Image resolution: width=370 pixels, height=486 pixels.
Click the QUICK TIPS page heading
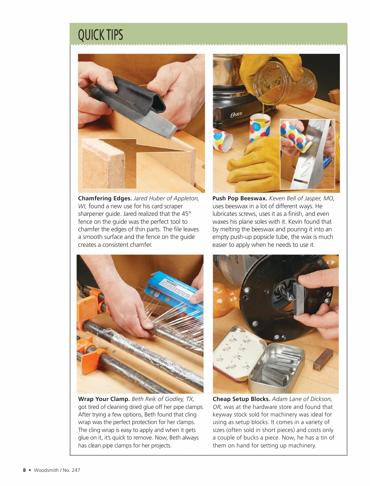100,35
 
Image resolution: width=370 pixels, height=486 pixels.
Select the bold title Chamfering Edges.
105,198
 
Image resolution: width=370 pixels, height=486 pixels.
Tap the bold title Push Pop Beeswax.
239,198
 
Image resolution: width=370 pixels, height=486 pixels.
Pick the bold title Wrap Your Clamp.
103,399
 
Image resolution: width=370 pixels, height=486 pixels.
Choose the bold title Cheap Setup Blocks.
241,399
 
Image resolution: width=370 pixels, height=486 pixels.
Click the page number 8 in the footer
24,470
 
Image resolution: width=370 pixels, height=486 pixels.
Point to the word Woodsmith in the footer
46,470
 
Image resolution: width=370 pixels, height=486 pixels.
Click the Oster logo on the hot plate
236,114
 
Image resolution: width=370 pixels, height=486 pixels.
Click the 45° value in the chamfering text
186,214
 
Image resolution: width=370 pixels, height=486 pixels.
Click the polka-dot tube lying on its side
223,140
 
